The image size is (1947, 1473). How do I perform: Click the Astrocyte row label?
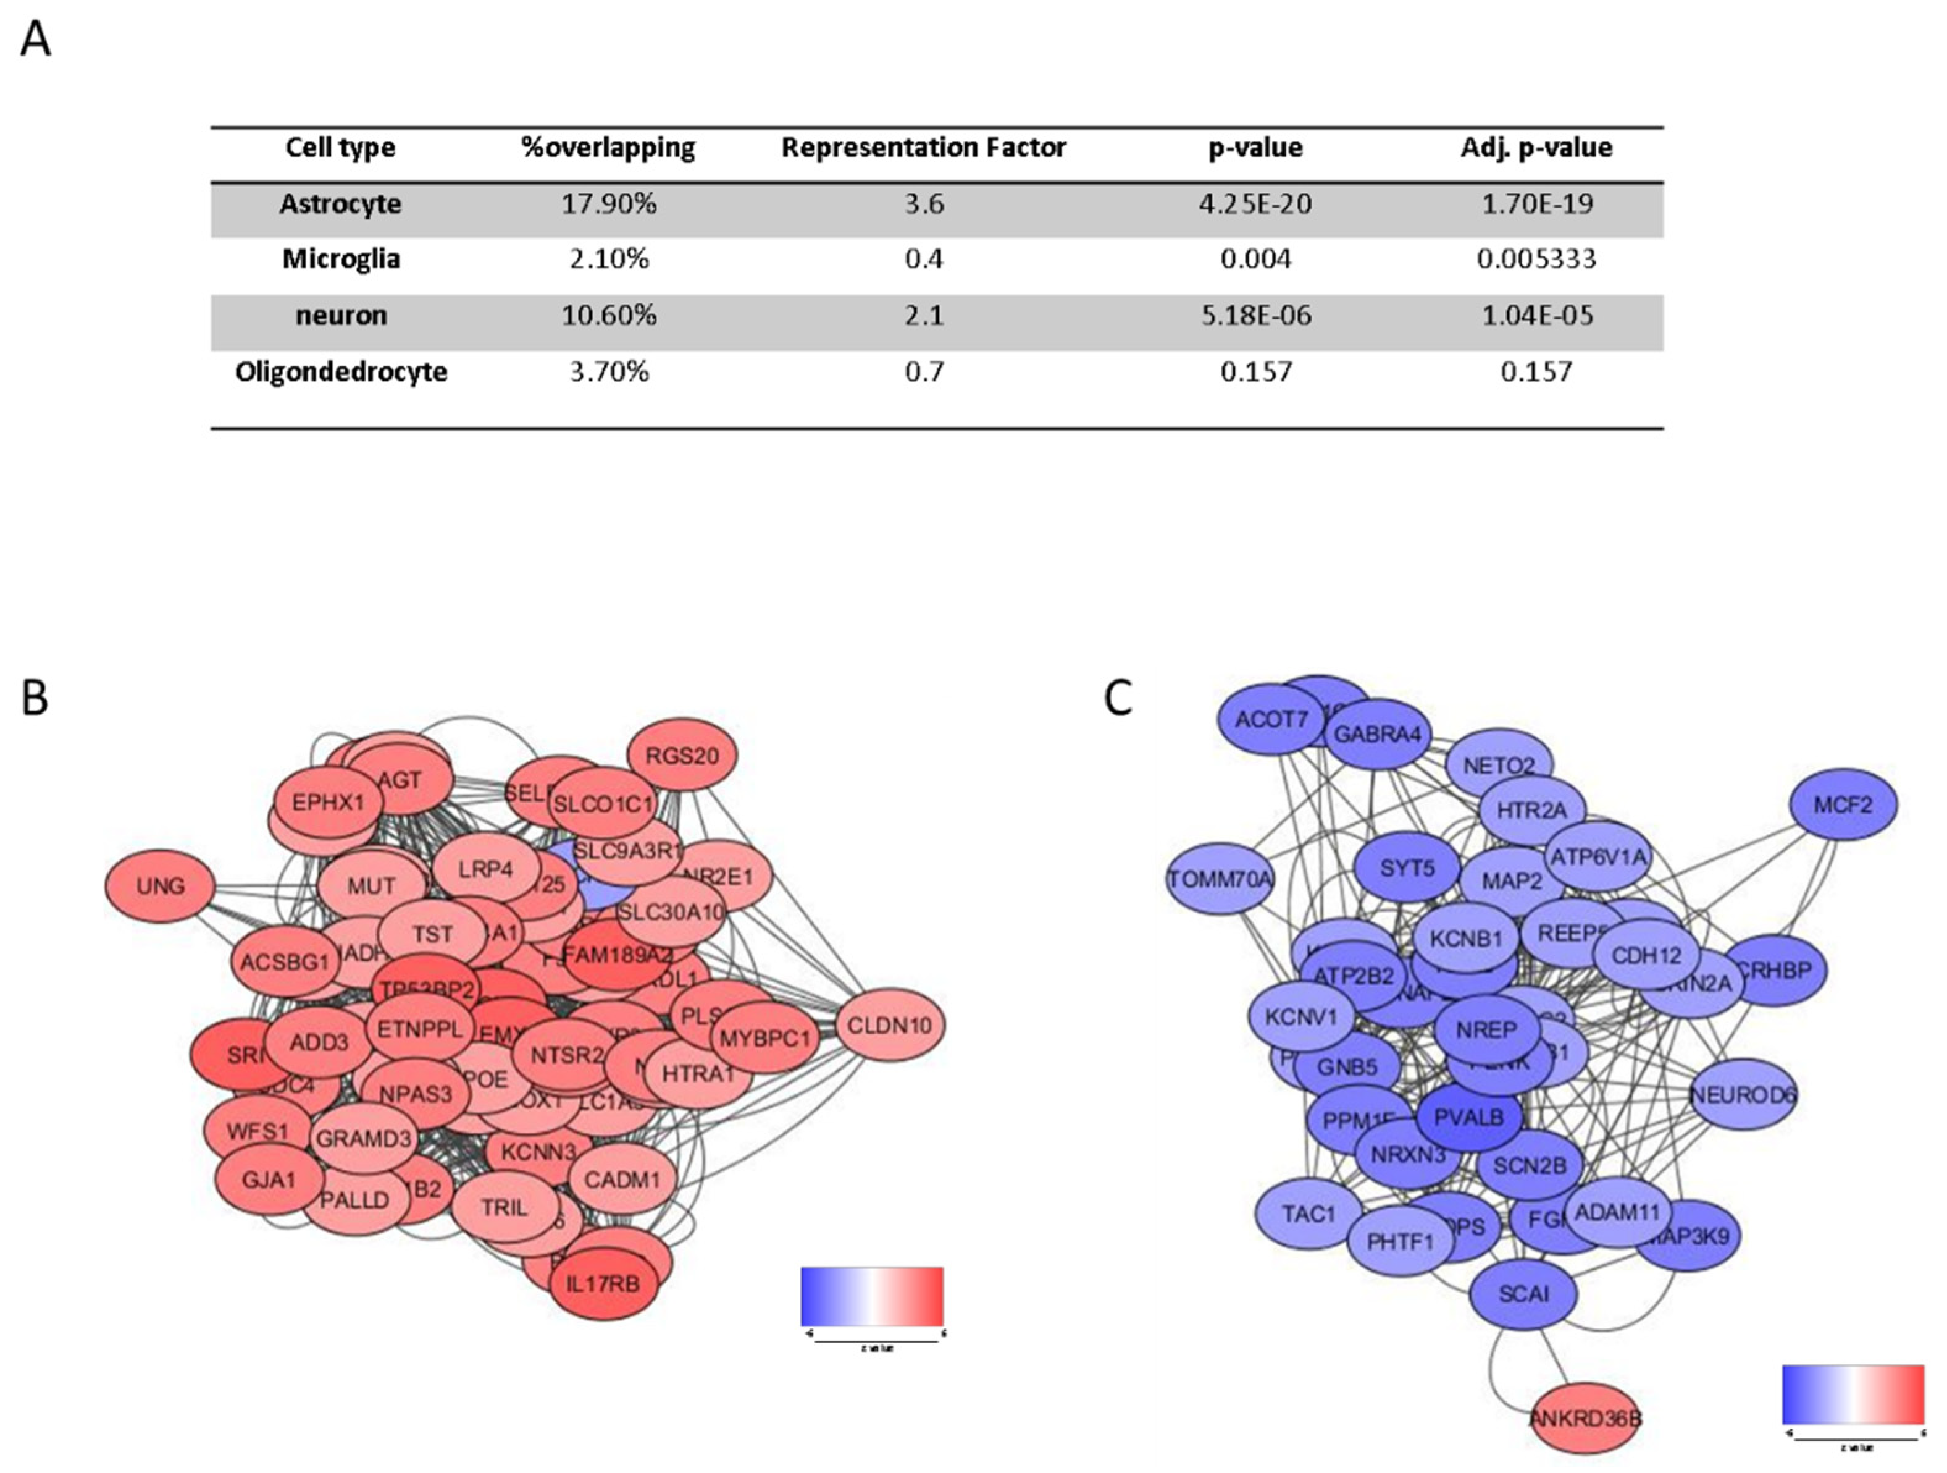341,205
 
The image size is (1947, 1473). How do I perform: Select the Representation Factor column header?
923,148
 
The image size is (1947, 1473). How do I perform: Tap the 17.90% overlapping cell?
608,205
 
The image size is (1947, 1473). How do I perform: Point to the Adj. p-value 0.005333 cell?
1536,259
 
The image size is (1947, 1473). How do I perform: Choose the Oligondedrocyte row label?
341,371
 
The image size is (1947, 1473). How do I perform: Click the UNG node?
160,886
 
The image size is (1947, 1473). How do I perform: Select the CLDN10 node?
889,1025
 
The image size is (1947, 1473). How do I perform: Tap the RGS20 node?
682,756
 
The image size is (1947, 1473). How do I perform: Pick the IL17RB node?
602,1284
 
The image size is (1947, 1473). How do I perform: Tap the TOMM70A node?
1220,879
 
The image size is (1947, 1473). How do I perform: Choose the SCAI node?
1523,1294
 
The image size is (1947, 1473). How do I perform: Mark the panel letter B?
35,698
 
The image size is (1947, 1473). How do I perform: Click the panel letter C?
1118,698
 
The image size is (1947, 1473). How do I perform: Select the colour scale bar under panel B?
871,1296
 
